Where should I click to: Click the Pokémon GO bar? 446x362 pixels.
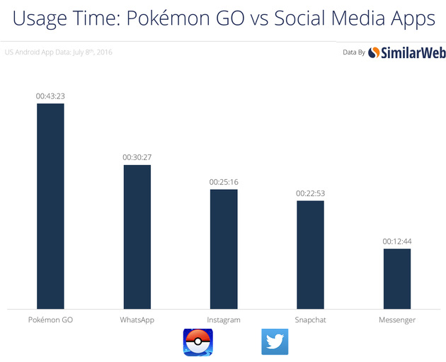[x=50, y=206]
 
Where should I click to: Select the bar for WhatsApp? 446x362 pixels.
[x=137, y=237]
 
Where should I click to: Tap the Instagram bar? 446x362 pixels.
[x=224, y=249]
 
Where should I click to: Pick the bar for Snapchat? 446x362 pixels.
[x=310, y=254]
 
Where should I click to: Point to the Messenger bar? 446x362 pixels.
[x=397, y=278]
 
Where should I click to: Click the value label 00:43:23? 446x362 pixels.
[x=50, y=96]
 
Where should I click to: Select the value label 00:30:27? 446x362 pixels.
[x=137, y=157]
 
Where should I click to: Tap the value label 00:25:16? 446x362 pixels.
[x=224, y=182]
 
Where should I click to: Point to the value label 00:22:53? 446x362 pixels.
[x=310, y=193]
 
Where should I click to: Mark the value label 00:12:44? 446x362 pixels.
[x=397, y=242]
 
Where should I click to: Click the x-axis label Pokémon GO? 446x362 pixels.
[x=50, y=320]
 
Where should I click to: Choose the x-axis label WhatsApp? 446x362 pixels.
[x=137, y=320]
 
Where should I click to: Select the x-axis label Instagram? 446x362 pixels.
[x=224, y=320]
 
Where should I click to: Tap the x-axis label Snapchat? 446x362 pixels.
[x=310, y=320]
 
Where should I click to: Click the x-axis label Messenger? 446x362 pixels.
[x=397, y=320]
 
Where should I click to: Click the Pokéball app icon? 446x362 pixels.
[x=198, y=342]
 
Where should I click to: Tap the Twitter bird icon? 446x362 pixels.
[x=275, y=341]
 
